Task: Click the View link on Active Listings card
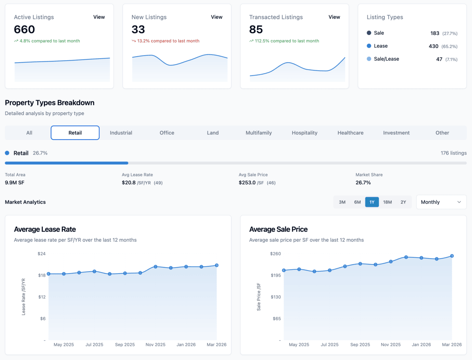(x=99, y=17)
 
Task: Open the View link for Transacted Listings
(x=334, y=17)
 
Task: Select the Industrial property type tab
(x=121, y=133)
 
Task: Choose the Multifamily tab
(x=259, y=133)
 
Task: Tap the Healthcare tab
(x=350, y=133)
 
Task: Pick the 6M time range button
(x=357, y=202)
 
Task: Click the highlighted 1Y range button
(x=372, y=202)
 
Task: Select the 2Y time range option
(x=403, y=202)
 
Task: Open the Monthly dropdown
(x=441, y=202)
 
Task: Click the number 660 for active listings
(x=24, y=29)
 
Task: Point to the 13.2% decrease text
(x=168, y=41)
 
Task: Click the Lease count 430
(x=433, y=46)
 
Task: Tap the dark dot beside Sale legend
(x=369, y=33)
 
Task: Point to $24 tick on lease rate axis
(x=41, y=253)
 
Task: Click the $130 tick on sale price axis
(x=275, y=297)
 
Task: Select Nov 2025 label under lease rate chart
(x=155, y=345)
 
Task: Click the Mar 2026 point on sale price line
(x=452, y=256)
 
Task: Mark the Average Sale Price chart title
(x=278, y=229)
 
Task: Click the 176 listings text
(x=454, y=153)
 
